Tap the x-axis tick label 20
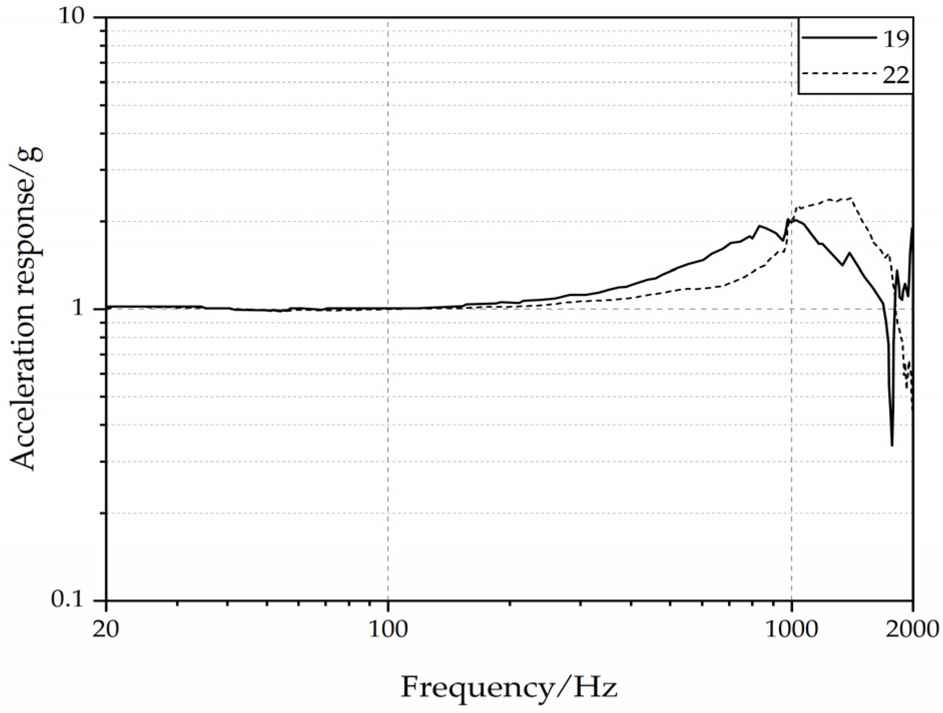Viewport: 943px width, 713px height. (x=106, y=628)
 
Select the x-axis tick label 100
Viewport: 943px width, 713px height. (x=388, y=628)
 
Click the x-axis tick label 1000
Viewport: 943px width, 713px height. (x=791, y=628)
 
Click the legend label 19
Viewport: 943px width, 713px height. (x=895, y=38)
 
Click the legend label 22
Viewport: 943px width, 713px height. (x=895, y=75)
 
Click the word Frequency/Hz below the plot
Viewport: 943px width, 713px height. (x=509, y=687)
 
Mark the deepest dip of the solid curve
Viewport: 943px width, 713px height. (x=892, y=445)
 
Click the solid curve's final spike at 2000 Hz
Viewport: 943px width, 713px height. (x=912, y=228)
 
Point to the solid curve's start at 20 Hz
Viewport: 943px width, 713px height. (x=108, y=306)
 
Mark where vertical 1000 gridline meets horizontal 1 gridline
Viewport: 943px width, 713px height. (x=791, y=308)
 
